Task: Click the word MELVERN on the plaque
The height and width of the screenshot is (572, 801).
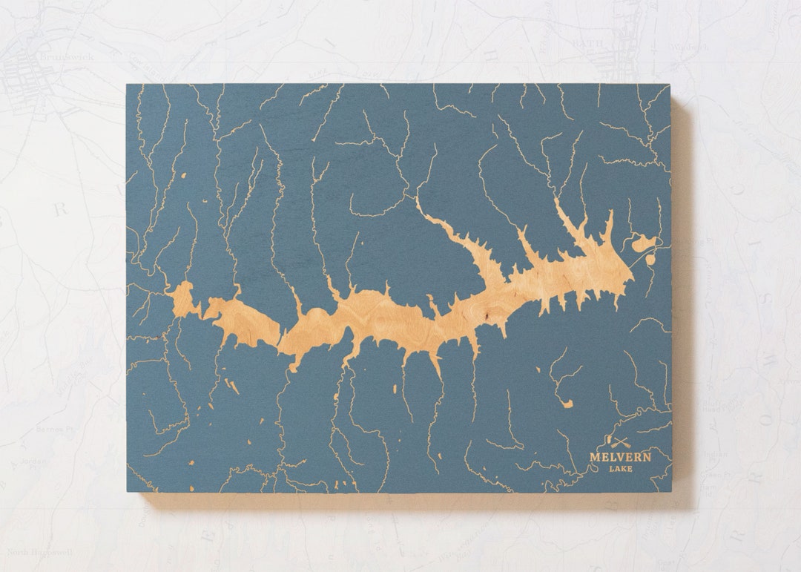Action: (x=620, y=457)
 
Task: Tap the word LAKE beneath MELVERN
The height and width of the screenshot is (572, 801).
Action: (x=621, y=469)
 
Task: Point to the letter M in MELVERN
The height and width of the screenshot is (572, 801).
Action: (x=595, y=457)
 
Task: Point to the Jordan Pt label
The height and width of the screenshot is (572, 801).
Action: (x=33, y=461)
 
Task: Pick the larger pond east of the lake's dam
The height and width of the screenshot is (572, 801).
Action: (x=642, y=243)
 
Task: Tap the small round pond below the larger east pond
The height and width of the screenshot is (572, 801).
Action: (x=651, y=260)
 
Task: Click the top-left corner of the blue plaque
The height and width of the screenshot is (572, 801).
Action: (x=127, y=85)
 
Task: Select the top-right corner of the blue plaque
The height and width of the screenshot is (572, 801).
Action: (x=670, y=85)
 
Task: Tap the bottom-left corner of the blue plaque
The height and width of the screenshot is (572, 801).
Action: (x=127, y=492)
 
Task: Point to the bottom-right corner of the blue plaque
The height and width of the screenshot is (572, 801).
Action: (x=671, y=492)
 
